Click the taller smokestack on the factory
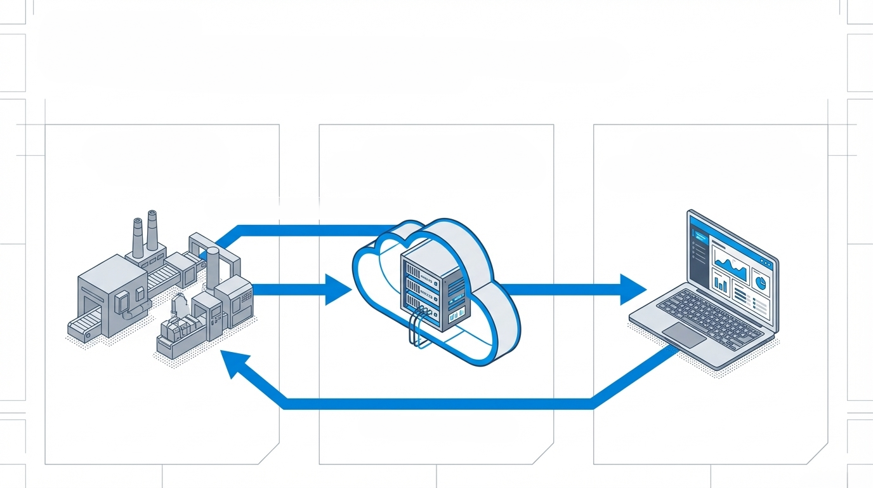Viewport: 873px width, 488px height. coord(152,232)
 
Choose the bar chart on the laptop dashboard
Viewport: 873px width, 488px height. coord(721,282)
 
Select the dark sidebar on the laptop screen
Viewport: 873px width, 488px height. coord(697,251)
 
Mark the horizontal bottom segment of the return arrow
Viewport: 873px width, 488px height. coord(438,403)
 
